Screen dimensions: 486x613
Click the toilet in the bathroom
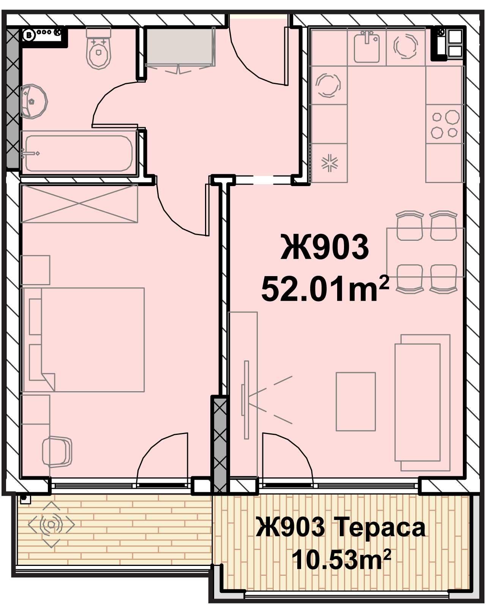pyautogui.click(x=98, y=49)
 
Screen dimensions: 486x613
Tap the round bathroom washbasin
pyautogui.click(x=33, y=101)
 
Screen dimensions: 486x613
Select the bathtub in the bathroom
pyautogui.click(x=79, y=153)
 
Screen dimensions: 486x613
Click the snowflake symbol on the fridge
pyautogui.click(x=329, y=163)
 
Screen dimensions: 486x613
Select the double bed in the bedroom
pyautogui.click(x=83, y=340)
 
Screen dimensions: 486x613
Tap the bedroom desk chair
pyautogui.click(x=57, y=452)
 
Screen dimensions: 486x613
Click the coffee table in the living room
pyautogui.click(x=355, y=402)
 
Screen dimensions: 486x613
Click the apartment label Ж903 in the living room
pyautogui.click(x=325, y=247)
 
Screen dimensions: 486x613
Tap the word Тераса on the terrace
pyautogui.click(x=382, y=528)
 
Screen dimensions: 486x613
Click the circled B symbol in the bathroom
pyautogui.click(x=28, y=35)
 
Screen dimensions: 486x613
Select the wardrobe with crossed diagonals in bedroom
pyautogui.click(x=79, y=203)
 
